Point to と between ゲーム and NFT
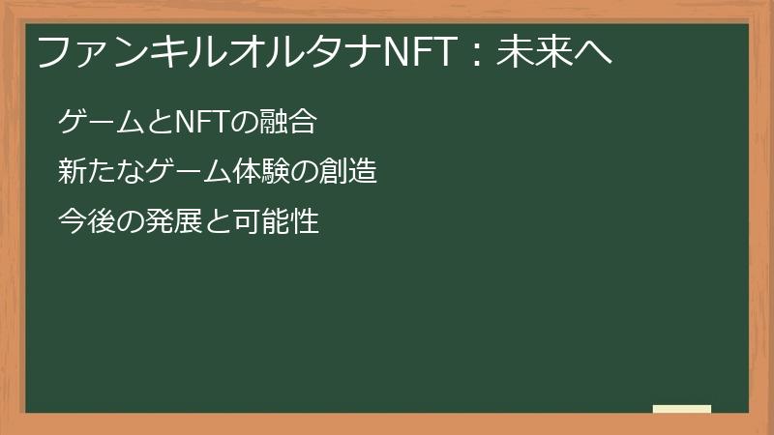157,123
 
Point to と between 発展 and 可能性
217,223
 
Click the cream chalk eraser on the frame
681,409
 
